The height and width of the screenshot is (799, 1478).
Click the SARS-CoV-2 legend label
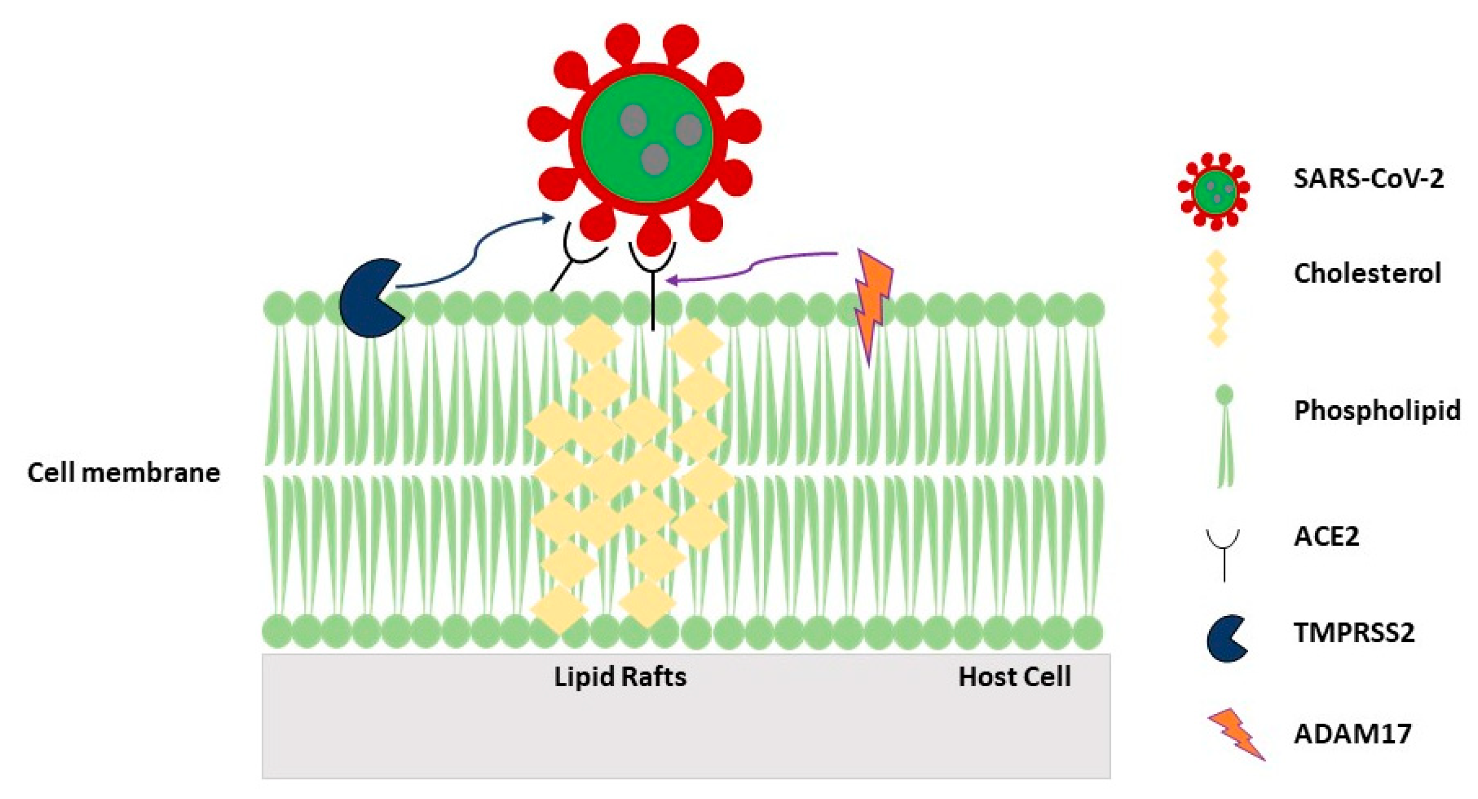pos(1368,180)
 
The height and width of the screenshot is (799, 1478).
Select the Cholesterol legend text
pos(1366,274)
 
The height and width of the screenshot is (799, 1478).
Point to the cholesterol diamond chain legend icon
pos(1217,300)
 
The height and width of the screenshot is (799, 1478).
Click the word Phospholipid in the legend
pos(1377,411)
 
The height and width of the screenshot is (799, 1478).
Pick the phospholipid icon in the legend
pos(1224,436)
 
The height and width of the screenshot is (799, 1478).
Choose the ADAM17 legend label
pos(1352,734)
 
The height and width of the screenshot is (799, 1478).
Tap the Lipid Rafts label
pos(620,677)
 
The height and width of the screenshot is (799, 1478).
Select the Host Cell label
pos(1014,677)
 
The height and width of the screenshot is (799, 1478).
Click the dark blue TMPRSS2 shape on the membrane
pos(367,299)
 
